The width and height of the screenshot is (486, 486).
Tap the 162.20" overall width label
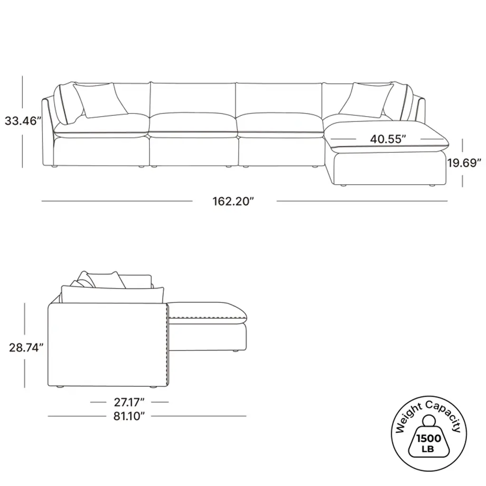[x=233, y=201]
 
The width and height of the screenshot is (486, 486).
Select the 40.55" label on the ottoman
[x=388, y=139]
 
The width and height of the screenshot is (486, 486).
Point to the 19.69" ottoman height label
[x=464, y=162]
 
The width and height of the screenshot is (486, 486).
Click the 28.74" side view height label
[x=26, y=347]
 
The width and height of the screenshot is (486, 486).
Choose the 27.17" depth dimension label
[x=129, y=402]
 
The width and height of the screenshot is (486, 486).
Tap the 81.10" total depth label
[x=129, y=416]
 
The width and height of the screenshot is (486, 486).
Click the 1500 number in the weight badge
[x=429, y=439]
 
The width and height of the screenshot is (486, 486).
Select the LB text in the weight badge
[x=428, y=449]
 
